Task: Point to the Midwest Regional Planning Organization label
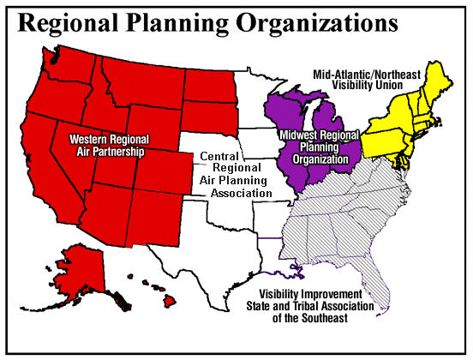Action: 318,145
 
